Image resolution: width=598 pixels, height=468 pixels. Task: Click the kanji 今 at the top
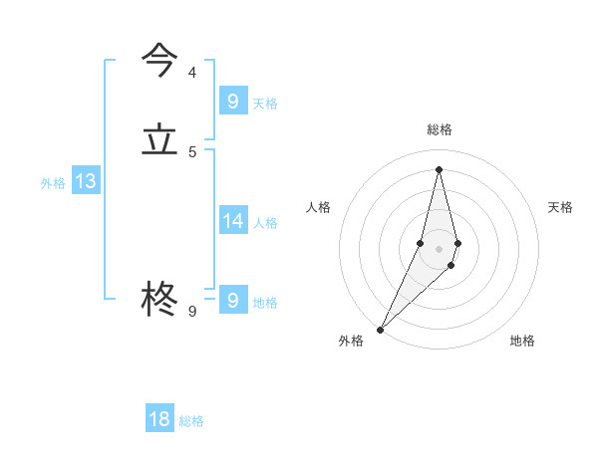(x=160, y=61)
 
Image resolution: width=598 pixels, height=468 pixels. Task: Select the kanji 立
(x=160, y=140)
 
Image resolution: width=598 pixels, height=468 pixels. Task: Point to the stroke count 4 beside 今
(x=192, y=73)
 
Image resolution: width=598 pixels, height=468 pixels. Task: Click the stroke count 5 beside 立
(x=192, y=152)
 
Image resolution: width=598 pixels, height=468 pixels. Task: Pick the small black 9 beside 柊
(x=192, y=312)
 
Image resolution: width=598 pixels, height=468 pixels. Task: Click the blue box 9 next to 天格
(x=232, y=101)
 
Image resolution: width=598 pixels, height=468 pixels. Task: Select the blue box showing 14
(x=232, y=220)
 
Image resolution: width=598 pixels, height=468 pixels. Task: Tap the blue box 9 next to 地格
(x=232, y=300)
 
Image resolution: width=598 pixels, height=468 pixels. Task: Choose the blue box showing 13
(x=85, y=181)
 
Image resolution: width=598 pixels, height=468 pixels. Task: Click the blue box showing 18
(x=159, y=419)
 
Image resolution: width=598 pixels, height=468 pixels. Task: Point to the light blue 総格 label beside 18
(x=191, y=421)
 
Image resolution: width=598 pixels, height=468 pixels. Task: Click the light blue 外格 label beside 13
(x=53, y=183)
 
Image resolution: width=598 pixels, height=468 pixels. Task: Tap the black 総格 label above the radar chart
(x=440, y=129)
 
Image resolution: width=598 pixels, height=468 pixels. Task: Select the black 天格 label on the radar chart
(x=561, y=207)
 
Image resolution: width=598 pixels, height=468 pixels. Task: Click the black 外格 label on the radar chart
(x=351, y=341)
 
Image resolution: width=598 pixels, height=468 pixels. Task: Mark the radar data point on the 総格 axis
(x=440, y=168)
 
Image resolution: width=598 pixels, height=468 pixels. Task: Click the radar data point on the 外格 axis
(x=380, y=329)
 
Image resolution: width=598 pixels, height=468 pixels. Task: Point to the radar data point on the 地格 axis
(x=451, y=265)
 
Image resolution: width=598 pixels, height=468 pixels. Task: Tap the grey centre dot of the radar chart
(x=440, y=249)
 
